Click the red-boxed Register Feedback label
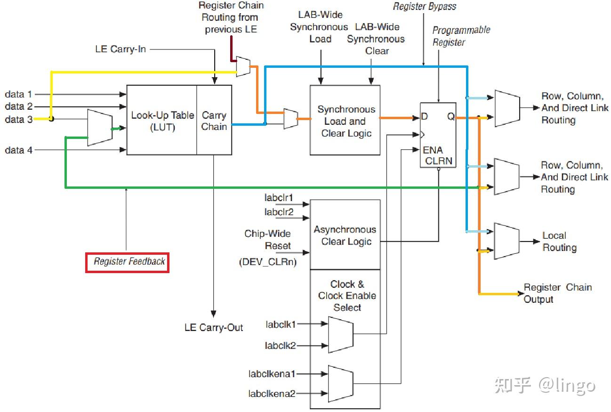tap(127, 262)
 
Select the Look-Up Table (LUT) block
tap(161, 120)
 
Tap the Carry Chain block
tap(214, 121)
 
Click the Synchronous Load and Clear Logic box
tap(345, 121)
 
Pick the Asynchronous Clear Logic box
tap(345, 235)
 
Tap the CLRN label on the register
tap(439, 161)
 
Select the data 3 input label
tap(19, 120)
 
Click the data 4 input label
tap(19, 150)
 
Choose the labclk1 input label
tap(281, 324)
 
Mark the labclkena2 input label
tap(272, 393)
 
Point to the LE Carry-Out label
tap(214, 327)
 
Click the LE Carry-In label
tap(121, 49)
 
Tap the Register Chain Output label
tap(558, 293)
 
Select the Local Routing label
tap(559, 242)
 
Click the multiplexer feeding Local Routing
tap(506, 241)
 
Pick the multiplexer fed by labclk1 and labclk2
tap(340, 334)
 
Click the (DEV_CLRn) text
tap(268, 262)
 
